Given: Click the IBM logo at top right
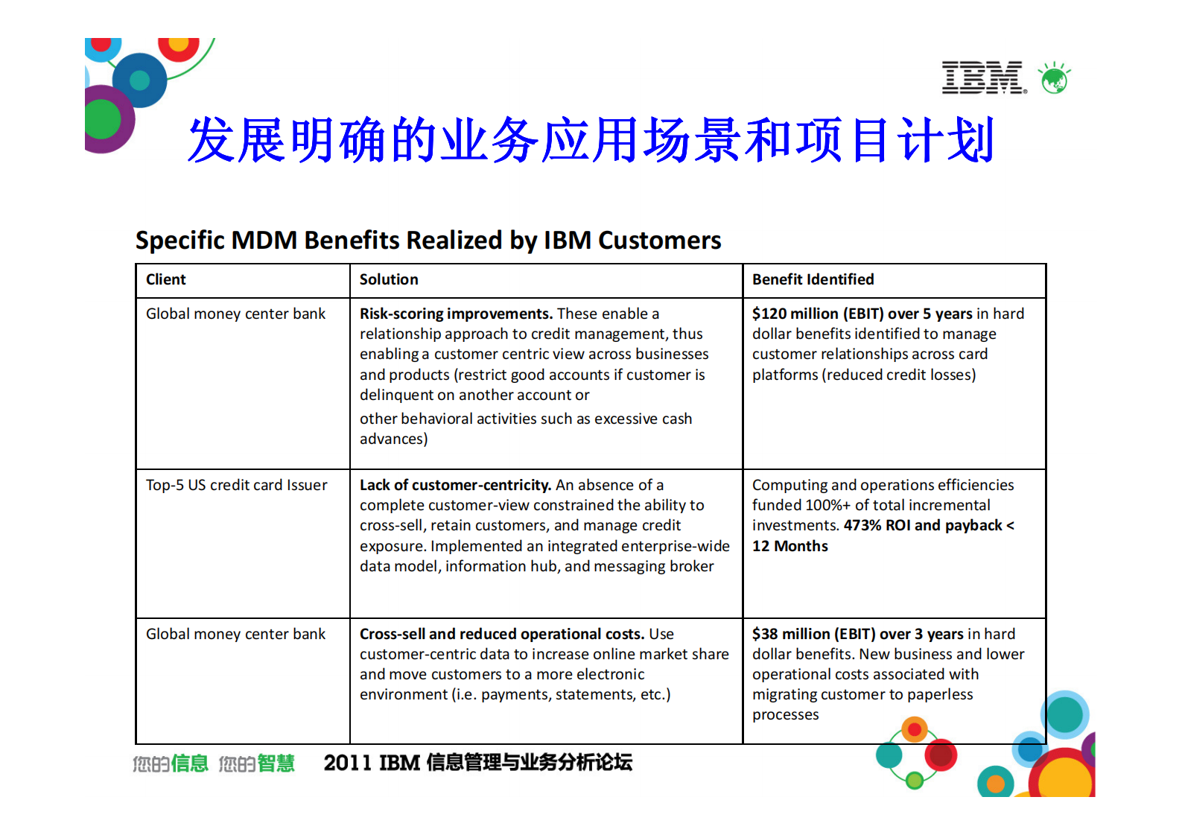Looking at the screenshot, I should coord(983,77).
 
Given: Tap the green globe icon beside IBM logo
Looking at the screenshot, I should coord(1055,78).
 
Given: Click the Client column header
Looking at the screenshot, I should coord(165,279).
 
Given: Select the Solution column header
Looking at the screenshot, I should coord(389,279).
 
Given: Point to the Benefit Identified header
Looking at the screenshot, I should coord(813,279).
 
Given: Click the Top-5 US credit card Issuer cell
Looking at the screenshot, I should coord(236,485).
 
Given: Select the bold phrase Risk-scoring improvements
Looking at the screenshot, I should coord(456,314).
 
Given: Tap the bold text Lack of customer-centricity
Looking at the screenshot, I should coord(455,485).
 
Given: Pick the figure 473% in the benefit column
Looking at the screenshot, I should coord(862,525).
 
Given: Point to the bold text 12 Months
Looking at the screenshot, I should coord(789,546).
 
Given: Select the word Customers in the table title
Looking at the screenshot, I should coord(659,240).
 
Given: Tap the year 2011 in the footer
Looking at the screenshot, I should coord(347,763).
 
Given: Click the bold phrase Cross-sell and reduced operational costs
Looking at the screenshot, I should coord(501,634).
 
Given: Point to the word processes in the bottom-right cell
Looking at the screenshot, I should coord(785,714).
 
